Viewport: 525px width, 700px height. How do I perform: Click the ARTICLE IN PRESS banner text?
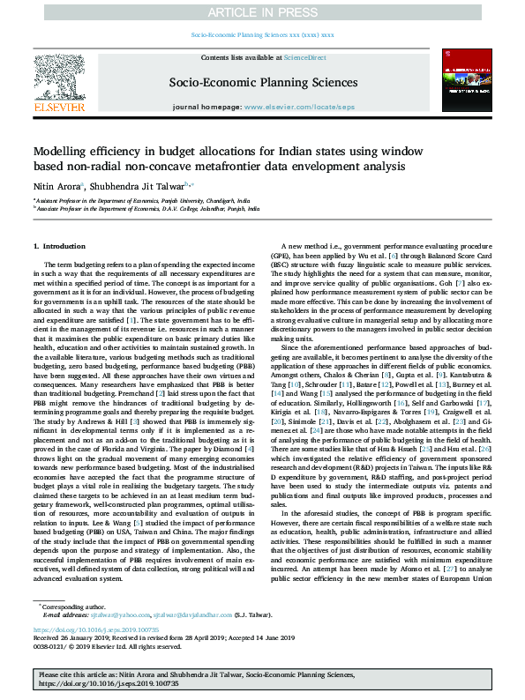[x=262, y=13]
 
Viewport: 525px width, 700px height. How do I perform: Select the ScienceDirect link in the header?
[x=304, y=57]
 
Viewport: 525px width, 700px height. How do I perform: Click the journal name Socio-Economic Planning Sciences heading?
[x=262, y=83]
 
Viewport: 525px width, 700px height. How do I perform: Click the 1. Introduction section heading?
[x=60, y=244]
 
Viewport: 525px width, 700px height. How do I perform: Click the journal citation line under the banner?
[x=262, y=35]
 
